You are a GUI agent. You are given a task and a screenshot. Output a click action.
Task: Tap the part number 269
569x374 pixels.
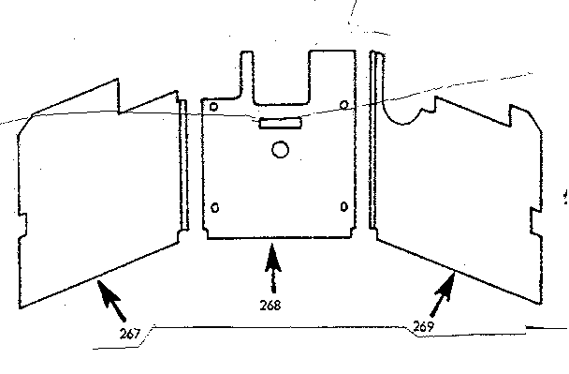pos(424,326)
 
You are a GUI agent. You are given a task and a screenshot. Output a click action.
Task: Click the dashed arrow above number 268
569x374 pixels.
pos(273,273)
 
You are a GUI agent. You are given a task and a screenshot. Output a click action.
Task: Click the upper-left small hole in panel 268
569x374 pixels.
pos(215,107)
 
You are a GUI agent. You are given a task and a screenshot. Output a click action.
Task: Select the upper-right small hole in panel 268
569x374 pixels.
pos(344,103)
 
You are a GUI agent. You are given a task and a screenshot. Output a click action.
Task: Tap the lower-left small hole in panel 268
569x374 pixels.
pos(216,207)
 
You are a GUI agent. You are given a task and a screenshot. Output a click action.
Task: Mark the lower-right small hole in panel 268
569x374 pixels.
pos(344,205)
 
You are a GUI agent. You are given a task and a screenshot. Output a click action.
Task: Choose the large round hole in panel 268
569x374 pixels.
pos(279,148)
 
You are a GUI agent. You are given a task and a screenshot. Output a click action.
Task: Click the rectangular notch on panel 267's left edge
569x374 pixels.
pos(24,226)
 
